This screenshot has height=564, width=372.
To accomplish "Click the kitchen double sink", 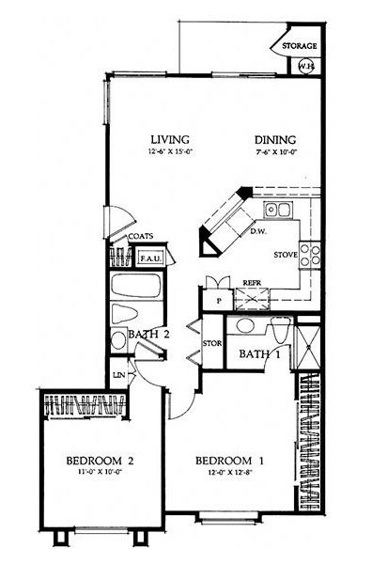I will tap(276, 210).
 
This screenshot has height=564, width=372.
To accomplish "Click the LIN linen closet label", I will tap(119, 375).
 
